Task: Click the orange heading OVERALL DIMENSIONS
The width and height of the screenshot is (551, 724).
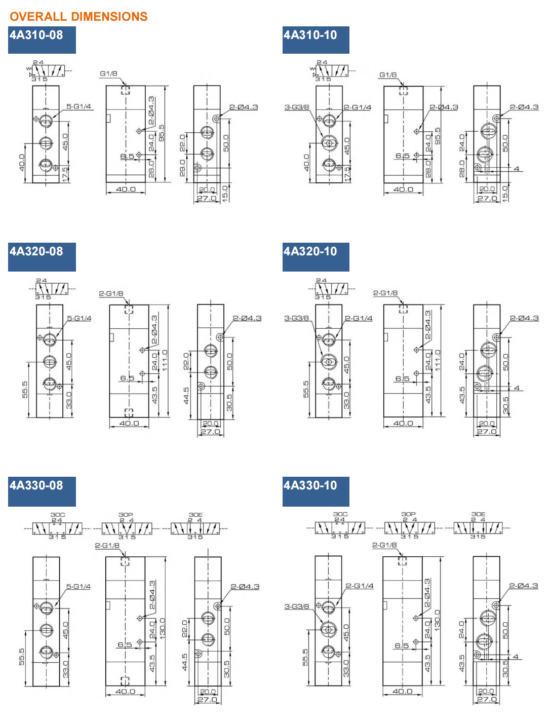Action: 78,17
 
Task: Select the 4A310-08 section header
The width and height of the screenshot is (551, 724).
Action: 36,35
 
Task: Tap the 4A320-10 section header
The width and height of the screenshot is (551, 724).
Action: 310,251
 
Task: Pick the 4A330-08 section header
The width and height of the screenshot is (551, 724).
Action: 36,485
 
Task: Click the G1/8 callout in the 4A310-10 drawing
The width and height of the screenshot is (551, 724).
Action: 388,75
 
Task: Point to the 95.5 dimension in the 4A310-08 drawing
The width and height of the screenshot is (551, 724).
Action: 162,133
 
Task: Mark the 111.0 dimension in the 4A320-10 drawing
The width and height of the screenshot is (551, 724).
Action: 438,360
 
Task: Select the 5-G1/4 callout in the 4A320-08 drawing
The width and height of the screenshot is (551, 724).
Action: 79,319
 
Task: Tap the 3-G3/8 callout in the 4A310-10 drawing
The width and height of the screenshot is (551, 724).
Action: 296,107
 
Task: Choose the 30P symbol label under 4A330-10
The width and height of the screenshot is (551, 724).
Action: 408,514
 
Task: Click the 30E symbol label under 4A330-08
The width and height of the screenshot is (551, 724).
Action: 195,515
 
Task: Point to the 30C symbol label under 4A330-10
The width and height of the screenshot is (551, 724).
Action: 340,514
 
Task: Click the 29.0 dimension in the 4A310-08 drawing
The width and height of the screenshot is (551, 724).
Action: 183,169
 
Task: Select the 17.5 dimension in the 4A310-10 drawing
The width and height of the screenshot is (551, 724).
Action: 347,174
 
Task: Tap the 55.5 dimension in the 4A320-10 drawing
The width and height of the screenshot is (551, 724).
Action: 306,389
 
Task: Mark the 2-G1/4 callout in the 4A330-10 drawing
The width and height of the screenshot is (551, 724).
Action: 360,586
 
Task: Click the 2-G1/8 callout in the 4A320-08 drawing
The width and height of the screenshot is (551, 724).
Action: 111,294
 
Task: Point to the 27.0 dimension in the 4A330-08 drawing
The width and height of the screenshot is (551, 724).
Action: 207,700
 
